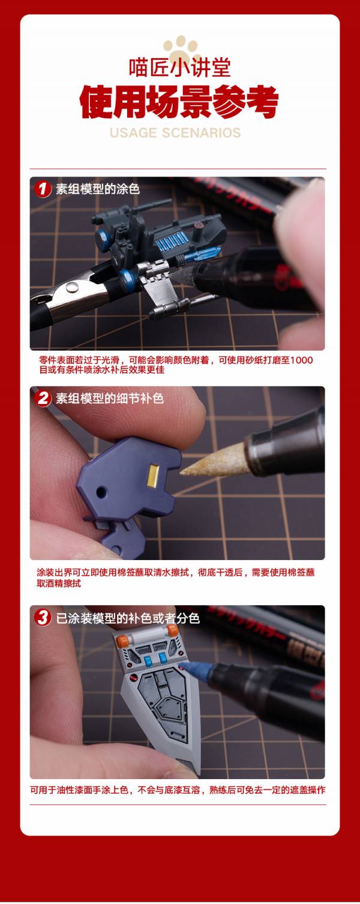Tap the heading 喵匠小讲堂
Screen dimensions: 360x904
click(179, 67)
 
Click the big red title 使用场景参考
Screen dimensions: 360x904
click(179, 103)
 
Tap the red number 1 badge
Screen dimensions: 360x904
click(43, 189)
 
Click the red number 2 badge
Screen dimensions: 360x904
click(43, 399)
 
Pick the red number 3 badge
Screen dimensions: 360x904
click(43, 618)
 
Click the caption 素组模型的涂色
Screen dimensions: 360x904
click(98, 189)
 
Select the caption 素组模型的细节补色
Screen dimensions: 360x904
click(110, 399)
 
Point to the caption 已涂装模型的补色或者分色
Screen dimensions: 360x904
click(128, 618)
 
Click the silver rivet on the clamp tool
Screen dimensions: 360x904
click(73, 288)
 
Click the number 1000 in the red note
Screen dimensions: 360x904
click(301, 360)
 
